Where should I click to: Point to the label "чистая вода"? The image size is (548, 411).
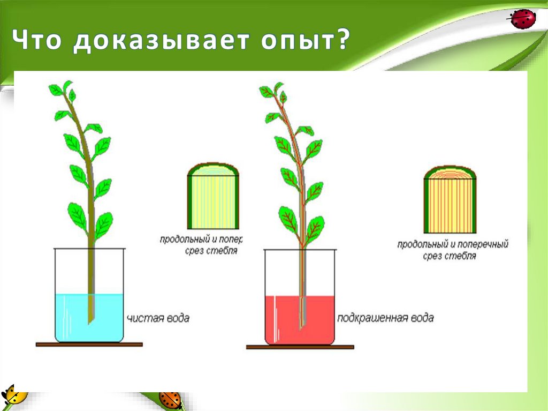(x=158, y=318)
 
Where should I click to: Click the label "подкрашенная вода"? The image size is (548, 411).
(x=385, y=318)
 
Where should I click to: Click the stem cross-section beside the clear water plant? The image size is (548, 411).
(x=212, y=195)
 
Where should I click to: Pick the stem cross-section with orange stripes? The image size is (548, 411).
(x=450, y=198)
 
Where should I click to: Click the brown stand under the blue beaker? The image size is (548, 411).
(x=89, y=345)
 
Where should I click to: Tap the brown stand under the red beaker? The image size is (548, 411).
(x=300, y=347)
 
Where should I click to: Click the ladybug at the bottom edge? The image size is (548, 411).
(x=170, y=400)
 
